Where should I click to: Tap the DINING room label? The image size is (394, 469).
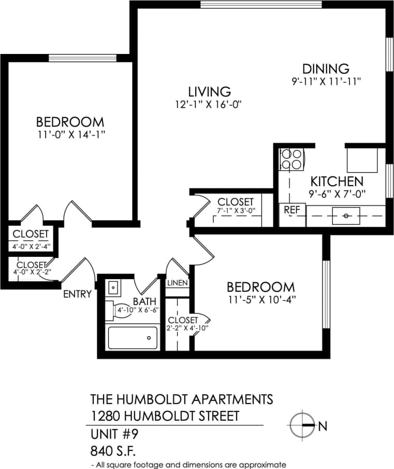(326, 68)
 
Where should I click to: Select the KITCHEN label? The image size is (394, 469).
(337, 182)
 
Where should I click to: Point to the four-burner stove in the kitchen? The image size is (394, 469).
(292, 159)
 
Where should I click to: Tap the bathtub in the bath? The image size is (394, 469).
(133, 337)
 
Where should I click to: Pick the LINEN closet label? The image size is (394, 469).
(177, 283)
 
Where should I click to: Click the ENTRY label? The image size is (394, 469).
(77, 294)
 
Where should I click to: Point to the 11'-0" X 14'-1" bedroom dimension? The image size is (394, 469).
(70, 134)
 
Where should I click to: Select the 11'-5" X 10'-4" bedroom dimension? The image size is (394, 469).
(261, 299)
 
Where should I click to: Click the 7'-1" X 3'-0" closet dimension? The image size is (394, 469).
(236, 211)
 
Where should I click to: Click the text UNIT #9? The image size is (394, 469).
(114, 433)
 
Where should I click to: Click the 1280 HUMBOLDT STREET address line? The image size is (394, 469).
(165, 416)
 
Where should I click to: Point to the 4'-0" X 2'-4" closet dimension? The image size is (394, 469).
(31, 246)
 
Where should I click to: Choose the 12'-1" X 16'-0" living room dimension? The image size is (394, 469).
(209, 104)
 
